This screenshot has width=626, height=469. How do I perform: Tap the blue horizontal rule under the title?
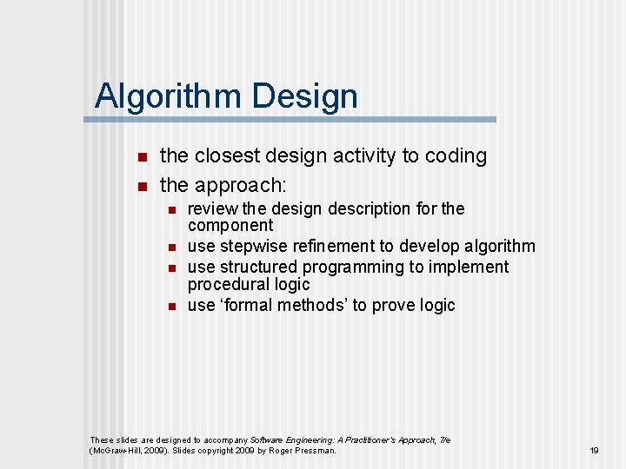[296, 119]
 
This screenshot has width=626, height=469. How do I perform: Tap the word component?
[230, 225]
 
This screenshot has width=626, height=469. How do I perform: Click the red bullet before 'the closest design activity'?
[143, 157]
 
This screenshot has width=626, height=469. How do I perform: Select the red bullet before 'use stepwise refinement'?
[173, 248]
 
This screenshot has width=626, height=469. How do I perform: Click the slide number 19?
[595, 451]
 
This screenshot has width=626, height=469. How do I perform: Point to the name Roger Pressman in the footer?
[304, 451]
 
